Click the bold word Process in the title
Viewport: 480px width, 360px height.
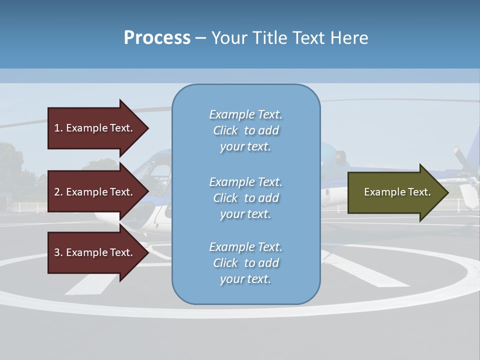coord(157,38)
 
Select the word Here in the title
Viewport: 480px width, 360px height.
coord(349,38)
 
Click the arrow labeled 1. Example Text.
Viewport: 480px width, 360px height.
coord(95,128)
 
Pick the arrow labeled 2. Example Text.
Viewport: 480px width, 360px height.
coord(95,192)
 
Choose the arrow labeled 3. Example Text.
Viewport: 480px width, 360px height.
coord(95,252)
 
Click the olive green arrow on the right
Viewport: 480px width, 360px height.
coord(395,192)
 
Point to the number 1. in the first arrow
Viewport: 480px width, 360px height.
coord(58,128)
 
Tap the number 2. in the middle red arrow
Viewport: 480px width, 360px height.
coord(58,192)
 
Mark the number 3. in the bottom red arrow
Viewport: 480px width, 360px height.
coord(58,252)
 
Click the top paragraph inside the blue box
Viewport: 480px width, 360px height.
coord(245,130)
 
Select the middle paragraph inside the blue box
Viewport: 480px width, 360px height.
coord(245,198)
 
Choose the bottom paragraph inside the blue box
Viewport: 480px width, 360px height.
coord(245,263)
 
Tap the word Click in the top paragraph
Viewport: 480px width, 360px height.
coord(225,130)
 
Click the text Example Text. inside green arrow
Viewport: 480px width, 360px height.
coord(397,192)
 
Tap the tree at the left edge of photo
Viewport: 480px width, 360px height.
coord(10,165)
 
